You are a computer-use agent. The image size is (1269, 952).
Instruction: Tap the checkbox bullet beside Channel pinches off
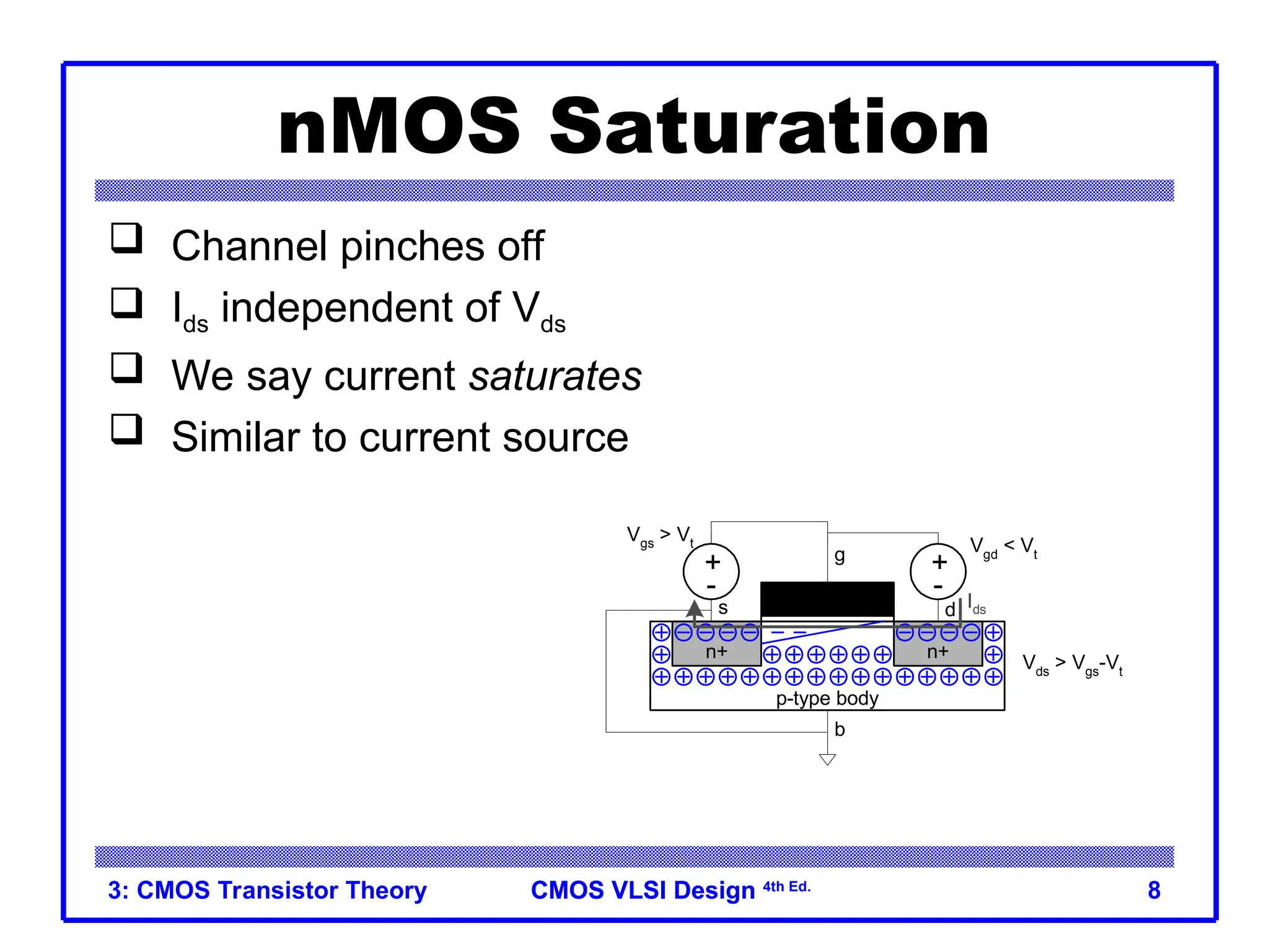tap(126, 239)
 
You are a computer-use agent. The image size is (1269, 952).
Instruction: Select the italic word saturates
tap(555, 376)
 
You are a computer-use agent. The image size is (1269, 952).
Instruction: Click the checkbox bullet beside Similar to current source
tap(126, 430)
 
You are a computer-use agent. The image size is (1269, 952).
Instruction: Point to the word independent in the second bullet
tap(360, 307)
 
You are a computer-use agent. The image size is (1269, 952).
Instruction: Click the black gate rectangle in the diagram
tap(827, 599)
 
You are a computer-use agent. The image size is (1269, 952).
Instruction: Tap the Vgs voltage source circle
tap(711, 571)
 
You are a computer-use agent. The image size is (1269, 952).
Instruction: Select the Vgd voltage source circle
tap(937, 571)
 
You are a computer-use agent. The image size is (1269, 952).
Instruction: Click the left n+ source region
tap(716, 652)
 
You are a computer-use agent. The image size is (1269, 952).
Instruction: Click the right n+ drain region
tap(937, 652)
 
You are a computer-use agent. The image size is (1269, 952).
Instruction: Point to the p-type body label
tap(827, 699)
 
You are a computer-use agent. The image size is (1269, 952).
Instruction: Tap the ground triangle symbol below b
tap(827, 759)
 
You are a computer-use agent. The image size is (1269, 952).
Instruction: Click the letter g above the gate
tap(839, 555)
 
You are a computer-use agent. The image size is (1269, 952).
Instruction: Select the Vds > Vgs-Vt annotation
tap(1072, 664)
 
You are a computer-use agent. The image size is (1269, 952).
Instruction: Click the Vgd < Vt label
tap(1003, 547)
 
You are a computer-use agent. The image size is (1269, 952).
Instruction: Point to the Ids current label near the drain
tap(977, 605)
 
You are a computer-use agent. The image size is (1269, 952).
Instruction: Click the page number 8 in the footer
tap(1153, 890)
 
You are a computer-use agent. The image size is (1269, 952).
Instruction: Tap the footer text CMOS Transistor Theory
tap(268, 890)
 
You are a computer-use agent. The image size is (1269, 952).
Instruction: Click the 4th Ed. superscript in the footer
tap(786, 887)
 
